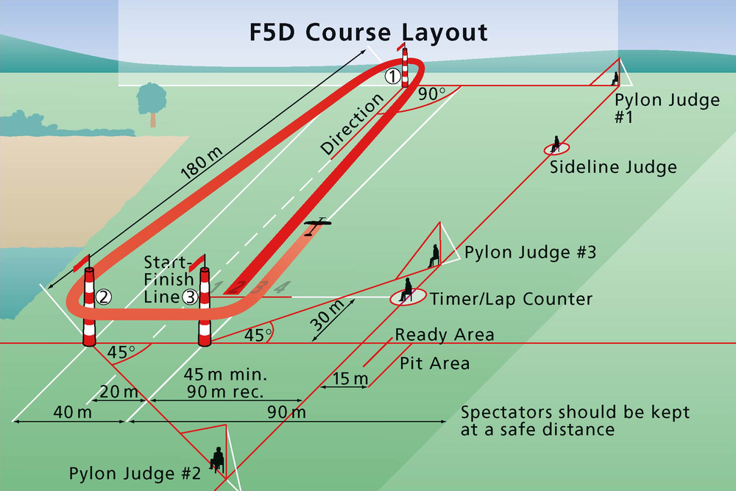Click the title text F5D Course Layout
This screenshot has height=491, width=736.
367,32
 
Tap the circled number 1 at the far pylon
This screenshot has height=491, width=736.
393,75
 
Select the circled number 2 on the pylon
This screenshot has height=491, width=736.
103,297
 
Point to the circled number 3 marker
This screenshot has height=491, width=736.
190,297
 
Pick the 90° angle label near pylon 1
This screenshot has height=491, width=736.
432,94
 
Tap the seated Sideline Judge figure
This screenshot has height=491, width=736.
556,144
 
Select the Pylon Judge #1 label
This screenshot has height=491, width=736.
667,107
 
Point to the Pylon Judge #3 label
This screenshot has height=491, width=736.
530,252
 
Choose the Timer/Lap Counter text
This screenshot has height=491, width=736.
512,299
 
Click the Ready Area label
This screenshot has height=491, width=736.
445,335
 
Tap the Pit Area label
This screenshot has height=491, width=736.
435,363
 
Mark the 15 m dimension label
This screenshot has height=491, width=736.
350,380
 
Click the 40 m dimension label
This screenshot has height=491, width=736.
68,413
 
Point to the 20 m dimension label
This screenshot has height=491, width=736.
119,391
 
